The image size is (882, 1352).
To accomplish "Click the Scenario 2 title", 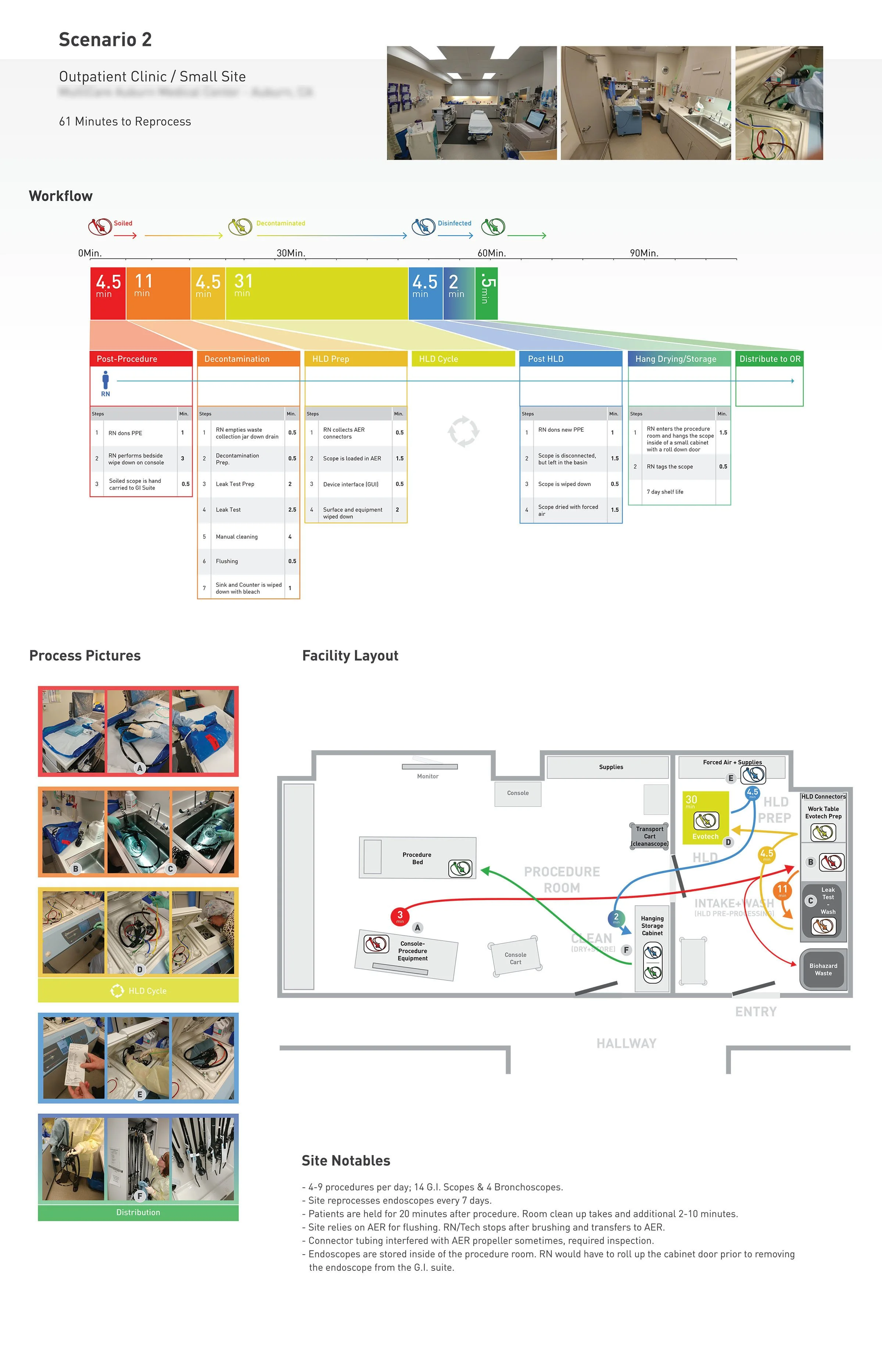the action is pyautogui.click(x=105, y=40).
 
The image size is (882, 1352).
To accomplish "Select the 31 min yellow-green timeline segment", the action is pyautogui.click(x=316, y=293).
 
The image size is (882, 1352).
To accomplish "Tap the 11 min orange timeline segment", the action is pyautogui.click(x=158, y=293).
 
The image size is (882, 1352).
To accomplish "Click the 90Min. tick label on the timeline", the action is pyautogui.click(x=644, y=253).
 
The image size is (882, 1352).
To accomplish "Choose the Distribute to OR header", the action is pyautogui.click(x=770, y=359).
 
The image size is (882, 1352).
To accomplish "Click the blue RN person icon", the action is pyautogui.click(x=105, y=381).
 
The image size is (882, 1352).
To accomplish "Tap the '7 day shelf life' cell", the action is pyautogui.click(x=665, y=492).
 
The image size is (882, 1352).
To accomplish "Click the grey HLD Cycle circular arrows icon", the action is pyautogui.click(x=463, y=431).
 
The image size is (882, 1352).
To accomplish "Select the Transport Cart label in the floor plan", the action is pyautogui.click(x=650, y=836).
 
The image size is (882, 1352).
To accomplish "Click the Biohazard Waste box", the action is pyautogui.click(x=823, y=969).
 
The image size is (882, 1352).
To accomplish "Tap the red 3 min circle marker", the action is pyautogui.click(x=400, y=916).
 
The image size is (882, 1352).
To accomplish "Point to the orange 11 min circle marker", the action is pyautogui.click(x=782, y=890).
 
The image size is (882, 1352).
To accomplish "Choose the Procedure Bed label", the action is pyautogui.click(x=417, y=858).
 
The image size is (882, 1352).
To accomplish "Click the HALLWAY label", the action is pyautogui.click(x=626, y=1043).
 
